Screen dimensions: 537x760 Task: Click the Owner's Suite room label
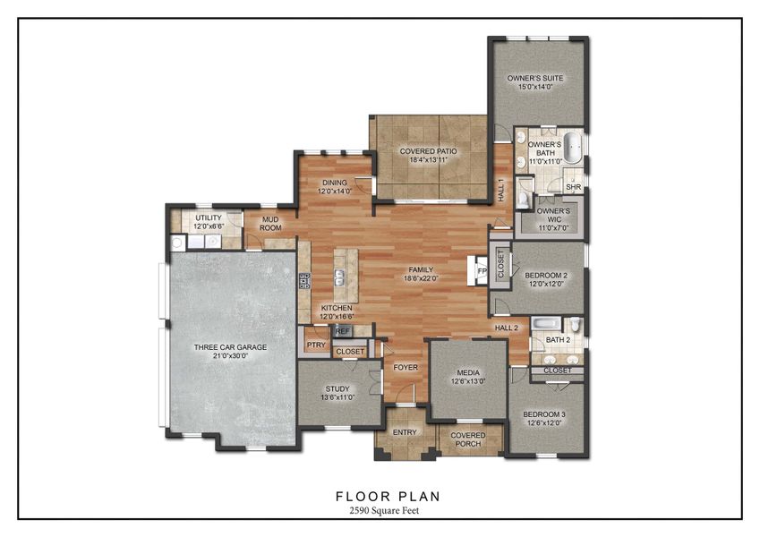(537, 78)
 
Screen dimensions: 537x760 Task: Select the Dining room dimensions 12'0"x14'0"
(335, 191)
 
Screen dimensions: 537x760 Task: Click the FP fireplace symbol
(481, 270)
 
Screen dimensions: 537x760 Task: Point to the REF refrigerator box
(342, 331)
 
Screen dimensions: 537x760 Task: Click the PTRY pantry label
(315, 345)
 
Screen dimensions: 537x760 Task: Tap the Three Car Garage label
(229, 347)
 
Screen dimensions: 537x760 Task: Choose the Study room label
(337, 388)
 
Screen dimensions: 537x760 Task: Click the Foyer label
(406, 367)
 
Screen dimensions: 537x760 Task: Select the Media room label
(468, 372)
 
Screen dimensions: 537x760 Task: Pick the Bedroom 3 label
(546, 415)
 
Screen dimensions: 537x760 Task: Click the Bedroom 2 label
(545, 276)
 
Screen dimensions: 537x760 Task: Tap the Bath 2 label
(558, 340)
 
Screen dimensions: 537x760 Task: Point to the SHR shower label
(574, 187)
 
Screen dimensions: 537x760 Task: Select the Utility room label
(208, 217)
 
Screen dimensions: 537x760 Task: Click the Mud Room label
(270, 224)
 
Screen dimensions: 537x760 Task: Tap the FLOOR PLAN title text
(388, 495)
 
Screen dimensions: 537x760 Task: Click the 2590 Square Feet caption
(388, 509)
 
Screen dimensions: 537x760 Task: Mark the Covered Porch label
(468, 439)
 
